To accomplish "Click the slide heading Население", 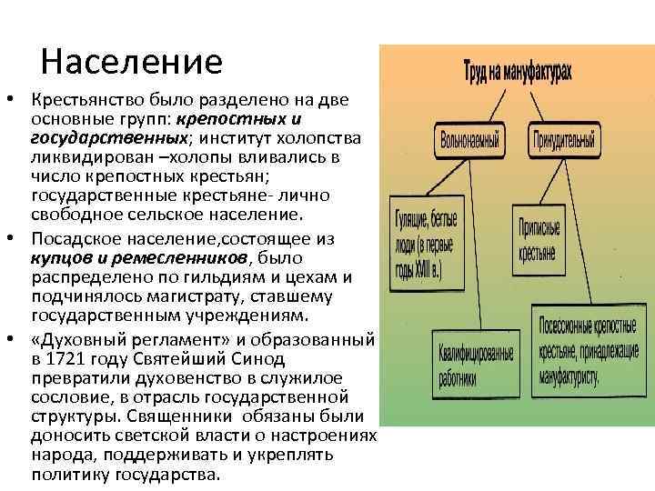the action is pyautogui.click(x=131, y=62).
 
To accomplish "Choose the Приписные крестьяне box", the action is pyautogui.click(x=539, y=239).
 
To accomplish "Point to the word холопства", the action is pyautogui.click(x=324, y=136).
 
